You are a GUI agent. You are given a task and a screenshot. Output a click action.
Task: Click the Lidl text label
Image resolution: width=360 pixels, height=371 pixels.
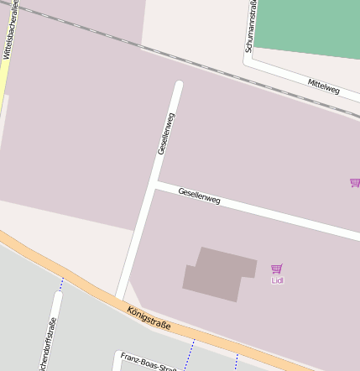pyautogui.click(x=277, y=280)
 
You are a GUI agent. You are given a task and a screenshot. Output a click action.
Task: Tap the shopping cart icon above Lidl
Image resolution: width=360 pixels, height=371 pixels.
pyautogui.click(x=277, y=269)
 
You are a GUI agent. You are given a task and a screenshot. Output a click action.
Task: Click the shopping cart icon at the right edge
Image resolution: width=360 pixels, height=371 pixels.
pyautogui.click(x=355, y=182)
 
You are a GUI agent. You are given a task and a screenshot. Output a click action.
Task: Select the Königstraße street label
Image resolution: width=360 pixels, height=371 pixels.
pyautogui.click(x=149, y=318)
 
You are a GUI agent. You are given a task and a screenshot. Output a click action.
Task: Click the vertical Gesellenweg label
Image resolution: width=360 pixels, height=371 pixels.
pyautogui.click(x=165, y=133)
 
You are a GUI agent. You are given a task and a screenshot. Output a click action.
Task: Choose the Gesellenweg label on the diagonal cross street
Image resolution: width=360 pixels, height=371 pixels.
pyautogui.click(x=199, y=196)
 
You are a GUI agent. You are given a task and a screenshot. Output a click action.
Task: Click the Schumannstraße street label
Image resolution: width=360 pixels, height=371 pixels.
pyautogui.click(x=250, y=27)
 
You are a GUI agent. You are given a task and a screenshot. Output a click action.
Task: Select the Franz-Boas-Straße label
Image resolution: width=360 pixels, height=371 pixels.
pyautogui.click(x=148, y=362)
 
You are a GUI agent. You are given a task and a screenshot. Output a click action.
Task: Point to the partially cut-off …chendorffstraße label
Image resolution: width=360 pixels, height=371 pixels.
pyautogui.click(x=46, y=344)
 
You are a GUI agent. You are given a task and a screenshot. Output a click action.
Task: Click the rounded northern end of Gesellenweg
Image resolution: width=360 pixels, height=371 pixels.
pyautogui.click(x=178, y=85)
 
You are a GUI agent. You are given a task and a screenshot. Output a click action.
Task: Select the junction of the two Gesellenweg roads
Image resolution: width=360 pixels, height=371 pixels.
pyautogui.click(x=155, y=185)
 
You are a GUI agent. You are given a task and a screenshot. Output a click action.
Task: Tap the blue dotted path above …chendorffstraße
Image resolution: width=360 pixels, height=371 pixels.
pyautogui.click(x=60, y=285)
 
